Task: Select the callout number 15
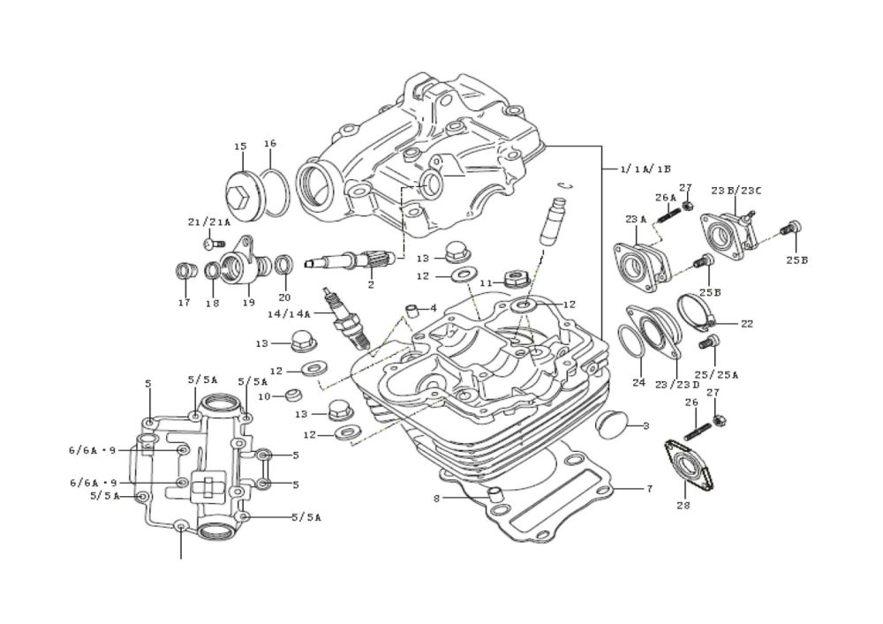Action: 240,147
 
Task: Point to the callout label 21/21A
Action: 209,222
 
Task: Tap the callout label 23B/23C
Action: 736,191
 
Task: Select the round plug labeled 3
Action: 610,425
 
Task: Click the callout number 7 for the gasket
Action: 649,489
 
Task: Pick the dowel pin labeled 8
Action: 494,495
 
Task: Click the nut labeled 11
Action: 513,278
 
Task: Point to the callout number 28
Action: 683,505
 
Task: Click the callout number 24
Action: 638,383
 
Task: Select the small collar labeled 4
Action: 414,310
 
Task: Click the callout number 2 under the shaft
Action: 371,285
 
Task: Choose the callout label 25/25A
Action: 716,374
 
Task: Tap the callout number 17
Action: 185,303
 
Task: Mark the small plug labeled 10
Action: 294,395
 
